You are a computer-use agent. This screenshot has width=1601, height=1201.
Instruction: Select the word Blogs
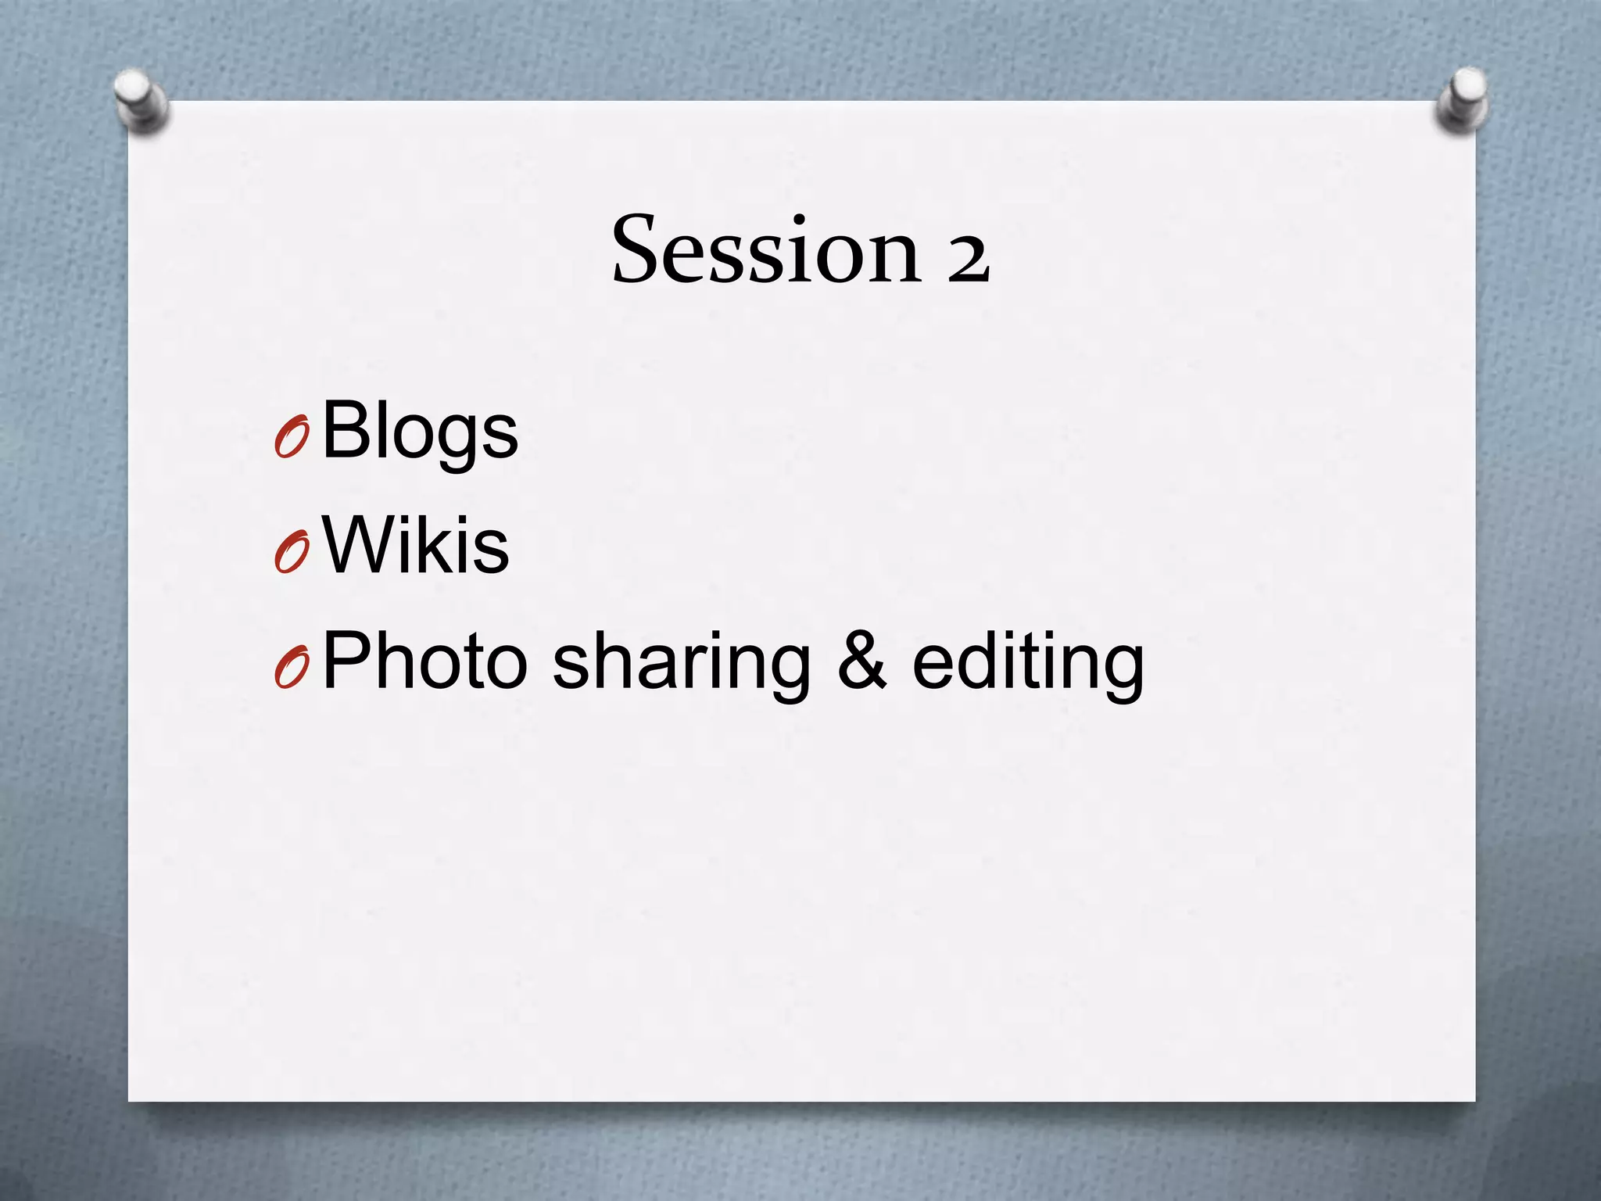pos(420,431)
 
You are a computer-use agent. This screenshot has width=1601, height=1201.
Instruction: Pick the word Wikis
pos(415,545)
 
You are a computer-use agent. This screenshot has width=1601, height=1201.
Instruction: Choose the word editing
pos(1028,665)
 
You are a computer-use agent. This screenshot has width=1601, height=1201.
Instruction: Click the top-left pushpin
pos(139,100)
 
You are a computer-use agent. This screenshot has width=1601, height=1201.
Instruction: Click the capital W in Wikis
pos(361,545)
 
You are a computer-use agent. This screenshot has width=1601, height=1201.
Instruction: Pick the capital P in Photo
pos(346,661)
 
